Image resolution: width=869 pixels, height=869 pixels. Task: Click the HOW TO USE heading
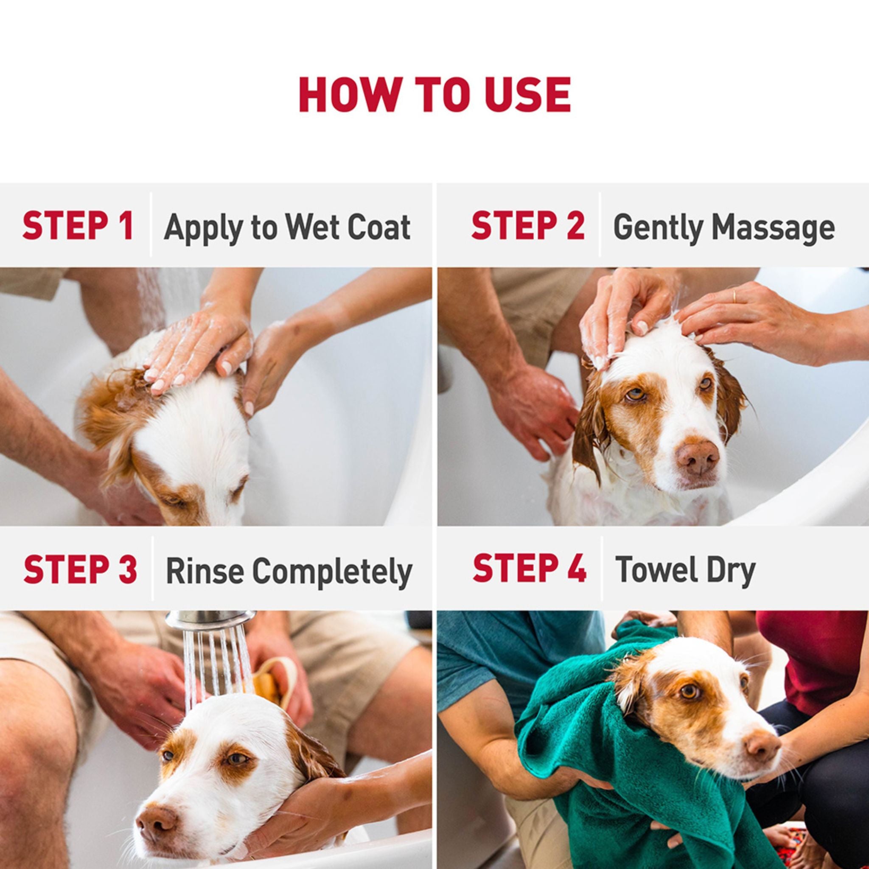[434, 95]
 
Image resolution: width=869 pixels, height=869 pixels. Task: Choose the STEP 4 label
[530, 569]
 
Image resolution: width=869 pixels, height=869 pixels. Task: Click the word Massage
[773, 228]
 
